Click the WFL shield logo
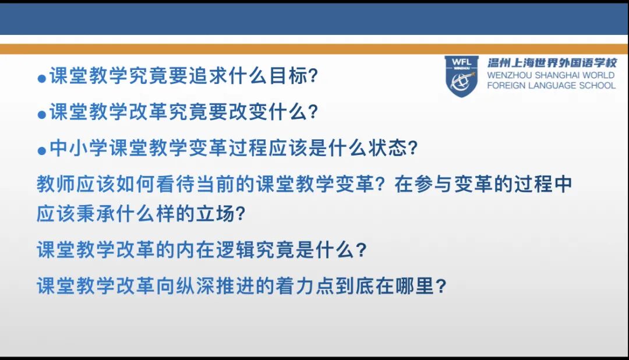(461, 76)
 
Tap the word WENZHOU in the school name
(508, 76)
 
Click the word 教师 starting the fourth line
(56, 185)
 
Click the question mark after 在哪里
(441, 287)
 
